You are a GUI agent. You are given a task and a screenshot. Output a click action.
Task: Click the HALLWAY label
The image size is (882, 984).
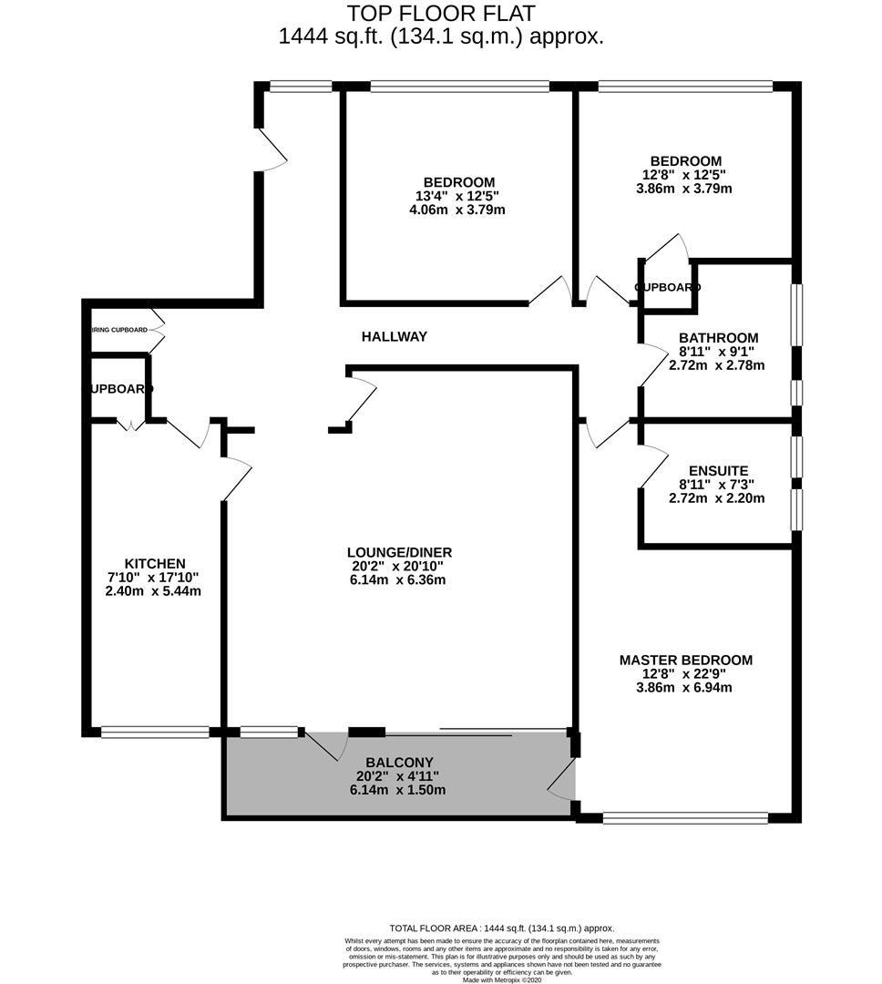[x=394, y=336]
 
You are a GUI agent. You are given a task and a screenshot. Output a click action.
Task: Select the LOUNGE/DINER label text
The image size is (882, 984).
[x=399, y=552]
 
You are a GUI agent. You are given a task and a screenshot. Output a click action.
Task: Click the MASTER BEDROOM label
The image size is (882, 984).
[x=685, y=660]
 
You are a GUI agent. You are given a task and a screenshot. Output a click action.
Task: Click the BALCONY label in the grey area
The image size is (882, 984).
[x=399, y=762]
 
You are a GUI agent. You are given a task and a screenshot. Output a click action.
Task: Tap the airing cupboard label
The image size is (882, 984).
[x=118, y=330]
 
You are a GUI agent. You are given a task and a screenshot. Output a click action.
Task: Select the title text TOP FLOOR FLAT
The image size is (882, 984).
[x=441, y=14]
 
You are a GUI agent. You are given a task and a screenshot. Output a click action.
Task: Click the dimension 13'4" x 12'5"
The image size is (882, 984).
[x=456, y=196]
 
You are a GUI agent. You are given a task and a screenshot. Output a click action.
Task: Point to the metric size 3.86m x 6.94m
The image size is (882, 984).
[x=685, y=688]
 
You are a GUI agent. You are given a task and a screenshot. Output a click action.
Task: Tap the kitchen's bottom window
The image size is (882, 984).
[x=155, y=731]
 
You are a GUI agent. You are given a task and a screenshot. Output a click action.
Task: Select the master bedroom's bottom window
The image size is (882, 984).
[x=684, y=817]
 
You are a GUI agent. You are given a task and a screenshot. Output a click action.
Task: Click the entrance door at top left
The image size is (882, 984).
[x=272, y=149]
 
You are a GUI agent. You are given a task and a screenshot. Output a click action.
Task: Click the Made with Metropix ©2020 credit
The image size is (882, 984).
[x=501, y=979]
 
